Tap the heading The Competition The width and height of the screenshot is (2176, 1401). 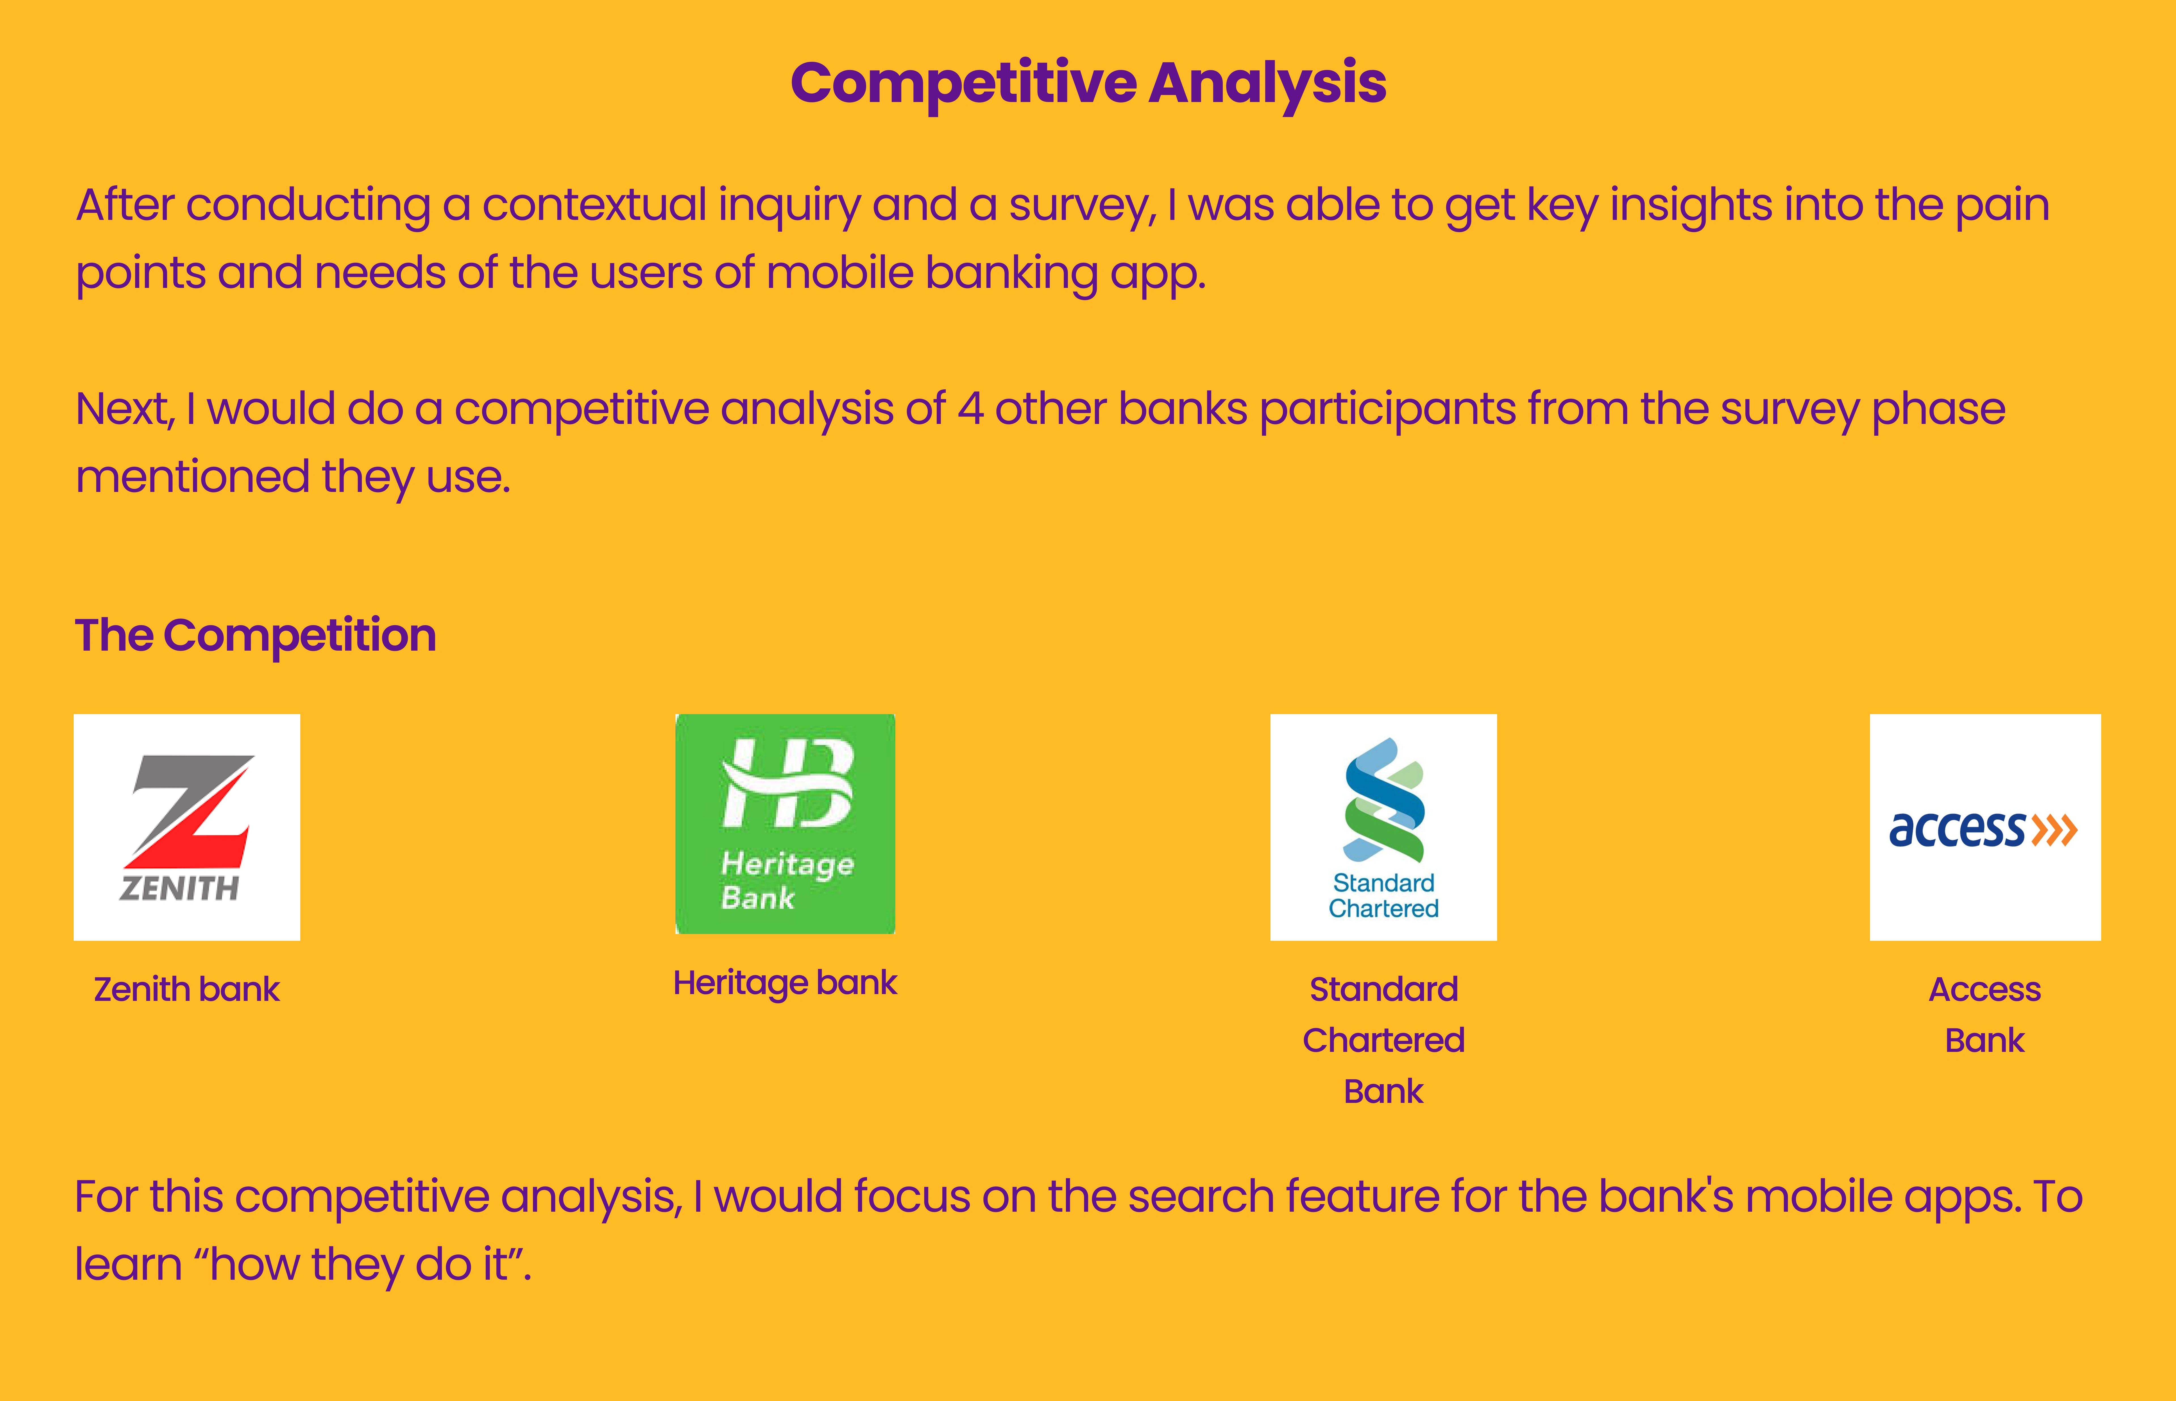(256, 635)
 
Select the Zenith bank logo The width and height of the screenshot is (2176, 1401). (186, 827)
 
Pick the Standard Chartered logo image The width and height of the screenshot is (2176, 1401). (1383, 827)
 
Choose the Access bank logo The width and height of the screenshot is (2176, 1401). (1985, 827)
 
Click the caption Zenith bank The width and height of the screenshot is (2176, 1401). (186, 989)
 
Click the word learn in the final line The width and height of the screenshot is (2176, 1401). (128, 1264)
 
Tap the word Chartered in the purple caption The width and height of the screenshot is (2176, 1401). (1383, 1040)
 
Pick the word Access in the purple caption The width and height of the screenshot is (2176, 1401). (1985, 989)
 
